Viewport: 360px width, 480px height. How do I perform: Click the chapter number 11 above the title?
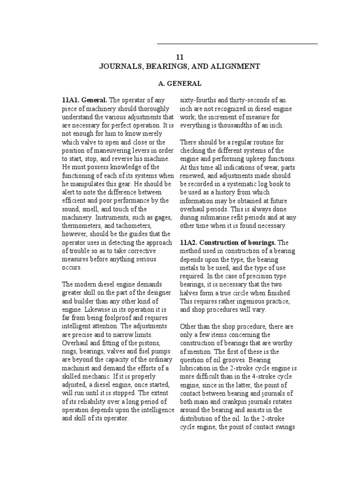(x=180, y=57)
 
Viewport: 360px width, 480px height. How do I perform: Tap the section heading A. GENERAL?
(x=180, y=83)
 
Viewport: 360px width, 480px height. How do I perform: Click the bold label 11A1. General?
(x=84, y=100)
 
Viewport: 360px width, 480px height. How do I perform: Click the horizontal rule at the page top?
(x=237, y=44)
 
